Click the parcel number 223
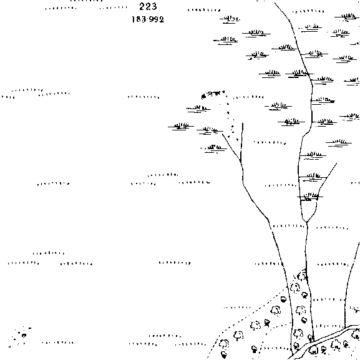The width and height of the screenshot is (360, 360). [148, 6]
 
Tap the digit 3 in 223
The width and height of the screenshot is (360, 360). [154, 6]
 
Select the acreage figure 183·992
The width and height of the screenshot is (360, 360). [148, 19]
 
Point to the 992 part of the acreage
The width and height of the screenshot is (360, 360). [157, 19]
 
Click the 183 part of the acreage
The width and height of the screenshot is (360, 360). [139, 19]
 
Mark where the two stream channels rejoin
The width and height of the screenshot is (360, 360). [307, 222]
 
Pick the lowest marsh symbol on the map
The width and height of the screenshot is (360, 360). [310, 197]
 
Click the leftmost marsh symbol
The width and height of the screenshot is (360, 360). [181, 126]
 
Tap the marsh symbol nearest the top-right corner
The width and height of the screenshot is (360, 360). [347, 16]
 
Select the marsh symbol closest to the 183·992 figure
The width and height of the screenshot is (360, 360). [230, 19]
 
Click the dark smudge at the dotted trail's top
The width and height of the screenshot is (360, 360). [203, 97]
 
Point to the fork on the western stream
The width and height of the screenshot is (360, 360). [241, 160]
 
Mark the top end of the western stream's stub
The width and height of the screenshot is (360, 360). [243, 124]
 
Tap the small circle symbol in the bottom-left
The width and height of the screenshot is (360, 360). [24, 336]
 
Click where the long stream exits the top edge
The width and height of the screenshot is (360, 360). [275, 2]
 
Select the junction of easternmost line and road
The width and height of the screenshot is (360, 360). [345, 327]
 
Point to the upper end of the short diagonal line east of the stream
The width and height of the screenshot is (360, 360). [337, 163]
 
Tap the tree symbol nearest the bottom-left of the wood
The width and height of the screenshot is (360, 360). [224, 354]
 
